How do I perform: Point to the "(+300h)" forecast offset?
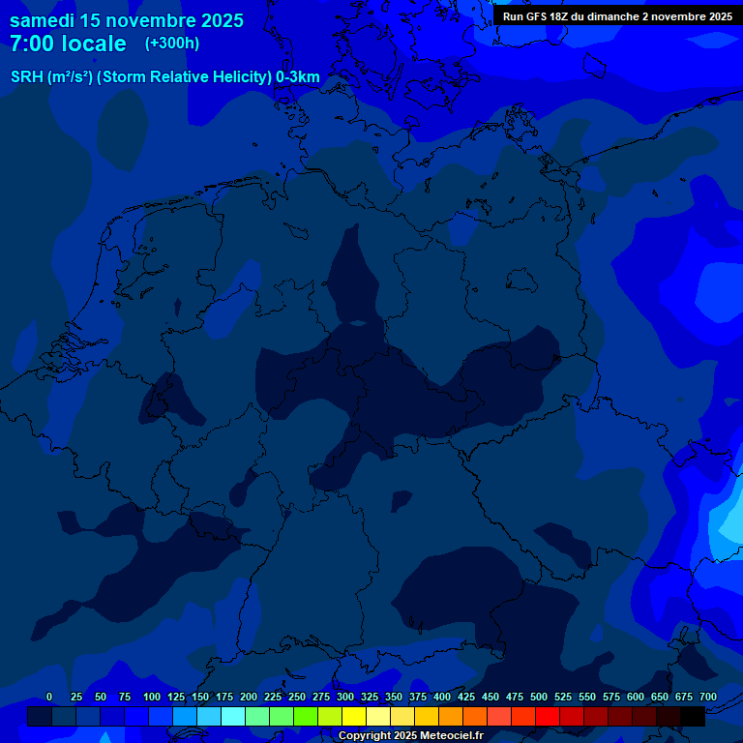[x=171, y=44]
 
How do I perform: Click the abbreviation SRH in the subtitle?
[x=27, y=77]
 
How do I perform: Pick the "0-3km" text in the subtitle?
[x=298, y=77]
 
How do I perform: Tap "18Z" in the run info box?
[x=558, y=16]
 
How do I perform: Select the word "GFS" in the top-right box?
[x=534, y=16]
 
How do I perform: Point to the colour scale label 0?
[x=49, y=697]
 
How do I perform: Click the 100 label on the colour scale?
[x=152, y=697]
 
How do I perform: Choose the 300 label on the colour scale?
[x=345, y=697]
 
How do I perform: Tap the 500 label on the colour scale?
[x=539, y=697]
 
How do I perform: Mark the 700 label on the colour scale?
[x=708, y=697]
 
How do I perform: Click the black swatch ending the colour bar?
[x=693, y=717]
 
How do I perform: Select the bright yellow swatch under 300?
[x=354, y=717]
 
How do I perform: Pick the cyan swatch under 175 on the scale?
[x=233, y=717]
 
